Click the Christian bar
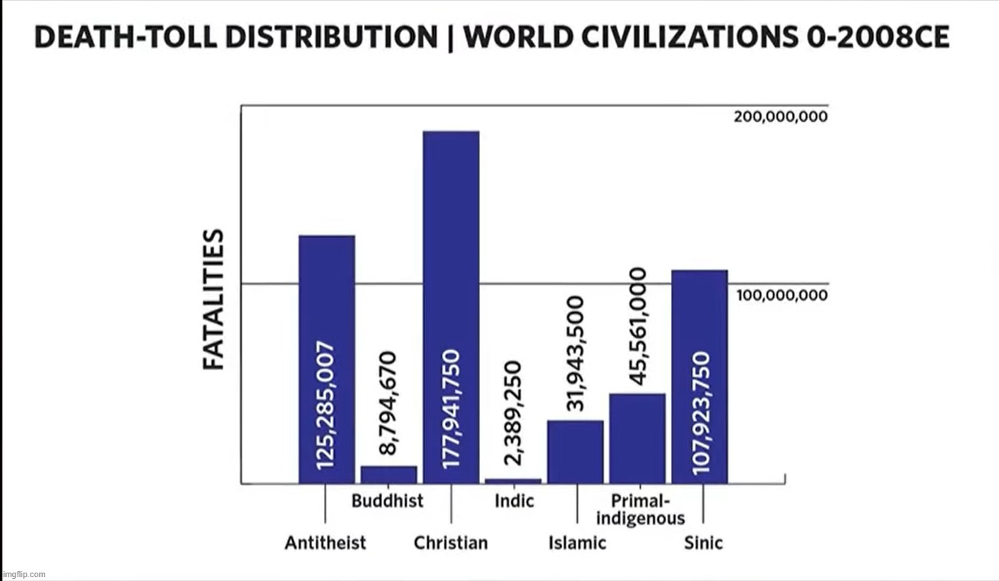(451, 306)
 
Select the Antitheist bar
(326, 359)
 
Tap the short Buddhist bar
(389, 475)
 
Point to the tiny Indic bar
(513, 481)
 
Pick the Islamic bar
(576, 452)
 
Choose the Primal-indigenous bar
(637, 438)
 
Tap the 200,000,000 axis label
(780, 117)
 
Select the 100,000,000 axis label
(782, 295)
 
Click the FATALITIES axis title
(214, 299)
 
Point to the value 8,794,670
(388, 403)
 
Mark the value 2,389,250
(513, 413)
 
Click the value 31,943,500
(576, 353)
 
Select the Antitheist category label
(326, 543)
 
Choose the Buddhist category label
(388, 501)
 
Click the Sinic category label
(703, 543)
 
